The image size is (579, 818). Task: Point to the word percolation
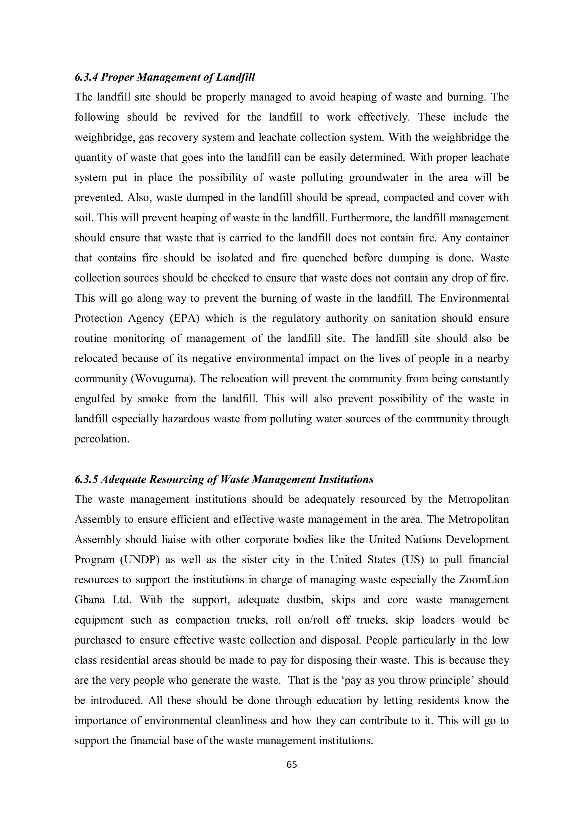(x=102, y=439)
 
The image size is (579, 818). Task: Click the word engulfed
(x=94, y=399)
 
